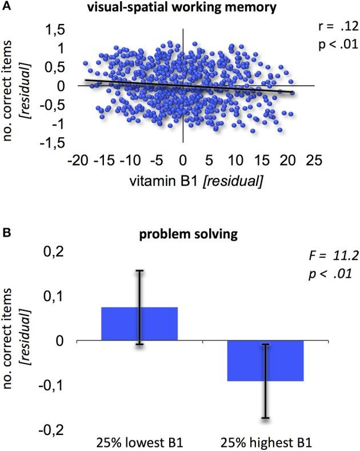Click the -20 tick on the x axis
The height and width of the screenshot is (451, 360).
coord(79,158)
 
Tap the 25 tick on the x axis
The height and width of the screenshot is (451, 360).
coord(312,158)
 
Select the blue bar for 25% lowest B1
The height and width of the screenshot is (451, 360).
coord(139,324)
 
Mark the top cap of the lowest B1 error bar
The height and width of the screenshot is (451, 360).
coord(139,270)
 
